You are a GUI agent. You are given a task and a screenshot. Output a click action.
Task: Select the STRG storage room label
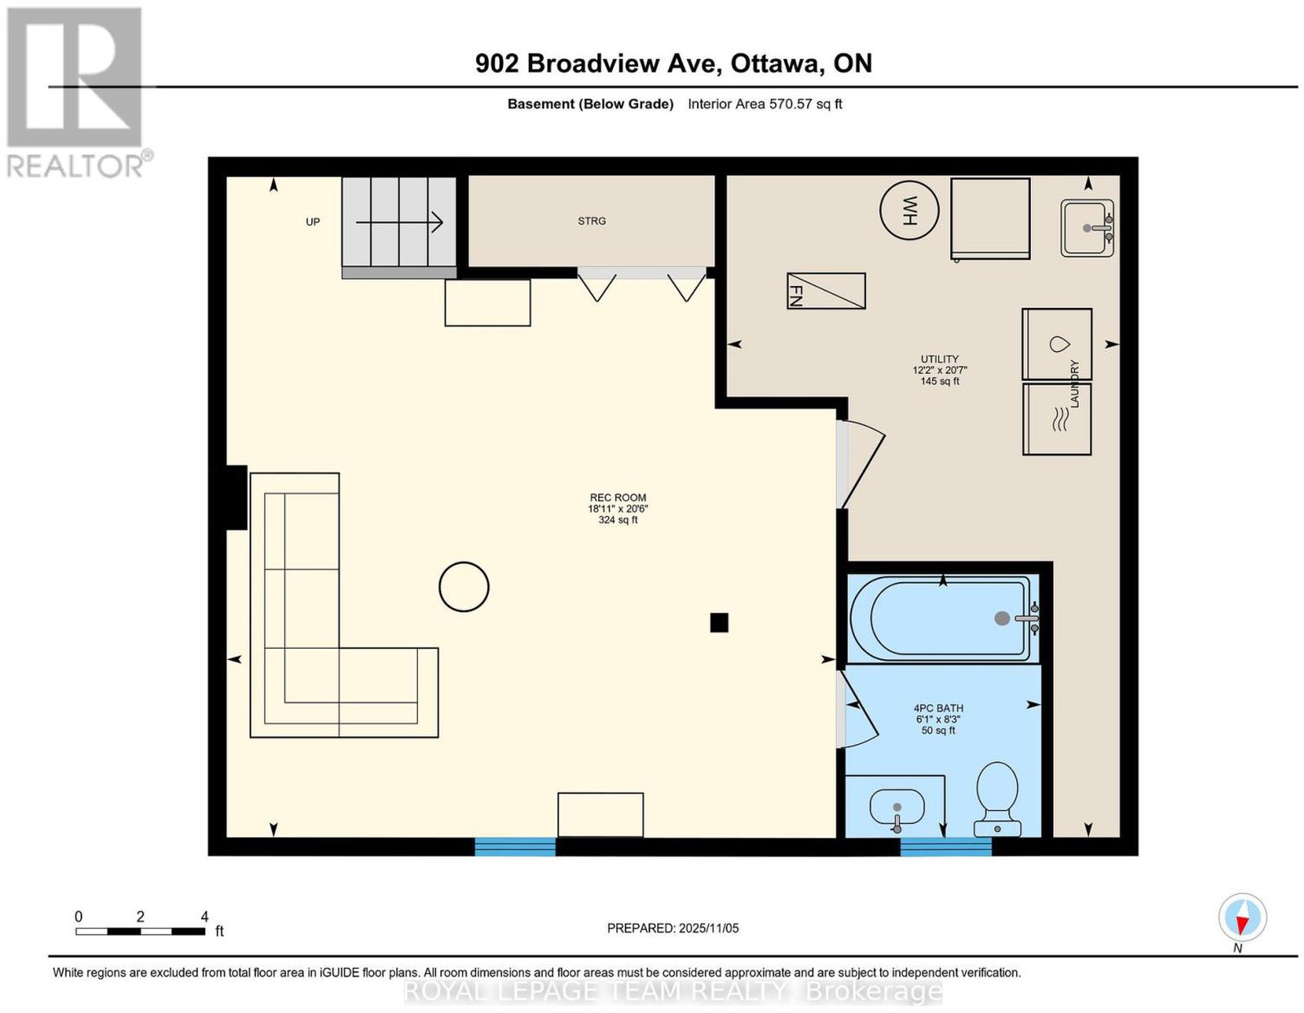pos(591,222)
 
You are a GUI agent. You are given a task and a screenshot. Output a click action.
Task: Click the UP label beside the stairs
pos(313,222)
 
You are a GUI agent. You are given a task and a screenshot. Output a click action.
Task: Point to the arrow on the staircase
pos(399,222)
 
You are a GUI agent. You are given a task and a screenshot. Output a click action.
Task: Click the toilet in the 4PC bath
pos(997,799)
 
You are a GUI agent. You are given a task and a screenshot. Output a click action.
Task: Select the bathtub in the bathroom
pos(945,619)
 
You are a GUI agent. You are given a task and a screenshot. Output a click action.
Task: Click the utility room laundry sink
pos(1086,228)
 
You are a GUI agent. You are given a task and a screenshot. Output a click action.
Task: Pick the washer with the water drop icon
pos(1056,344)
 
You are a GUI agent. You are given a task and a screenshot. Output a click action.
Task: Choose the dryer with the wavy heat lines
pos(1056,419)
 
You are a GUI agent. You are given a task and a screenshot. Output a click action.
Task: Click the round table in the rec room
pos(463,587)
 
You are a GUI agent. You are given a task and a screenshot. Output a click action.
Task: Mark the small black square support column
pos(719,623)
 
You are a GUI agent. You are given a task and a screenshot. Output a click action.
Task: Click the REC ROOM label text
pos(618,497)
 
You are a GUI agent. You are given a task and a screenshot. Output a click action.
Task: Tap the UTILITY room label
pos(939,359)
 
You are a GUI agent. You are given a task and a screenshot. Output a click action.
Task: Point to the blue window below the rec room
pos(515,846)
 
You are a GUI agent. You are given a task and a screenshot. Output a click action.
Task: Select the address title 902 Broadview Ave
pos(598,64)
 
